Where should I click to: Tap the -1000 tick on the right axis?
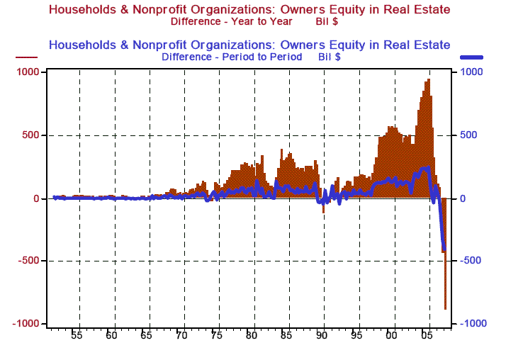pos(472,323)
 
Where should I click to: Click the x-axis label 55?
pos(77,334)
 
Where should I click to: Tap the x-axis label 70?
pos(181,334)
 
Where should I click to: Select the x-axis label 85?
pos(286,334)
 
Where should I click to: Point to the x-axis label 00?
pos(391,334)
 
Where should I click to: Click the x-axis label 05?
pos(425,334)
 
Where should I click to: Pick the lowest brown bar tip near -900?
pos(446,308)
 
